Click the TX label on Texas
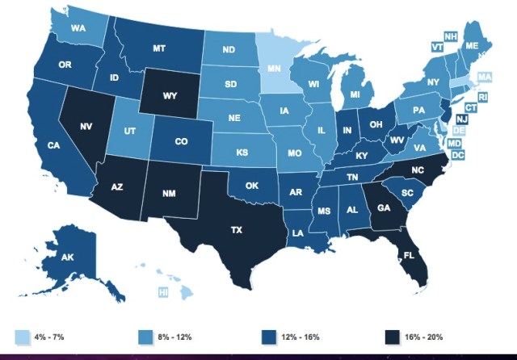(237, 230)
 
